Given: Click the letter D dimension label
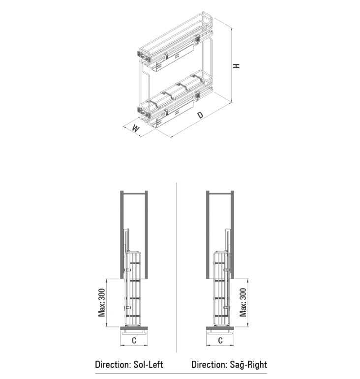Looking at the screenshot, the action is tap(201, 115).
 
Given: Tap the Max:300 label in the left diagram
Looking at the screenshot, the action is tap(102, 302).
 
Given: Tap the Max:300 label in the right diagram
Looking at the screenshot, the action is tap(243, 302).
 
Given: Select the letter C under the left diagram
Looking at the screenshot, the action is tap(134, 341).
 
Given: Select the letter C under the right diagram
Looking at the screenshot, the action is tap(220, 341).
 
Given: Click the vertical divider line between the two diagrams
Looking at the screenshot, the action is tap(177, 267).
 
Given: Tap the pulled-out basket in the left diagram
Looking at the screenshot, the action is tap(132, 289).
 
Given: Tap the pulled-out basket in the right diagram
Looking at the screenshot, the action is tap(222, 289).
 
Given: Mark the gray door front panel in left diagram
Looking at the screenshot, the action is tap(134, 328).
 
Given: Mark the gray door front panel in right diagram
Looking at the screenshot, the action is tap(220, 328).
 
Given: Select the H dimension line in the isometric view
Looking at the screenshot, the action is tap(232, 65).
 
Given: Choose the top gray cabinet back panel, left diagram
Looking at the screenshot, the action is tap(134, 193).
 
